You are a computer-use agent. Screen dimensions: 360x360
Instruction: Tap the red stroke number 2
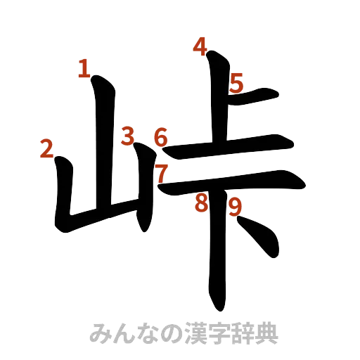coord(47,149)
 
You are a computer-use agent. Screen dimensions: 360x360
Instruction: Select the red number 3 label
coord(127,135)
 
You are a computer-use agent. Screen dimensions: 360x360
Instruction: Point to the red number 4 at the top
coord(200,48)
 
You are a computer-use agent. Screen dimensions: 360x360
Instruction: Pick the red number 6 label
coord(161,137)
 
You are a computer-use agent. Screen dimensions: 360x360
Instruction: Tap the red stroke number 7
coord(162,172)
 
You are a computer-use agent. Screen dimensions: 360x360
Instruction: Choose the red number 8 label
coord(202,203)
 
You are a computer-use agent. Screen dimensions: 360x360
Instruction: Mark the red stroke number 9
coord(235,206)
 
